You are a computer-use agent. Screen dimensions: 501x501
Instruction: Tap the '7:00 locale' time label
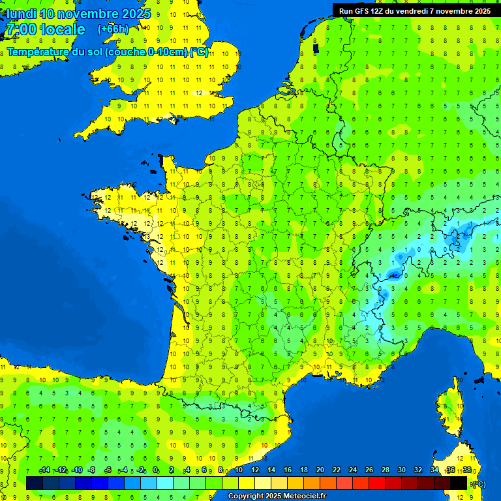pos(46,29)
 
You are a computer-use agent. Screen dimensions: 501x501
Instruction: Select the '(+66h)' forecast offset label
pos(113,29)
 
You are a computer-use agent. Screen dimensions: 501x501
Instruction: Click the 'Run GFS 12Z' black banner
pos(415,10)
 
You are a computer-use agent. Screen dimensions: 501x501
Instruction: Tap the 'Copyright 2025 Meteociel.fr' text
pos(277,496)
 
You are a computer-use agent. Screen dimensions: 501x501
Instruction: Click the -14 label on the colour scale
pos(44,470)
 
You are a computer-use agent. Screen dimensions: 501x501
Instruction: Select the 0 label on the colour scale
pos(156,470)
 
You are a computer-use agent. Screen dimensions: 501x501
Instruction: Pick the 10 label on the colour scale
pos(238,470)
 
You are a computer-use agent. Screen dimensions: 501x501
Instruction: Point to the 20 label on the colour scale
pos(320,470)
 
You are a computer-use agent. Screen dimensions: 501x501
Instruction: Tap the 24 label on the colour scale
pos(352,470)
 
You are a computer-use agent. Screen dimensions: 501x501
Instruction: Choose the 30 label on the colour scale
pos(401,470)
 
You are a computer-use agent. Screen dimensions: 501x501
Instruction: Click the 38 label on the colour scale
pos(466,470)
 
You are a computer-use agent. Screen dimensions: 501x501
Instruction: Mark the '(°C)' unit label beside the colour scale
pos(478,483)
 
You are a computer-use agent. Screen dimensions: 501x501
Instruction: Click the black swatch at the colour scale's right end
pos(459,483)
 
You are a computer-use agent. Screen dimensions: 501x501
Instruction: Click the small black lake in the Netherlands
pos(316,48)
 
